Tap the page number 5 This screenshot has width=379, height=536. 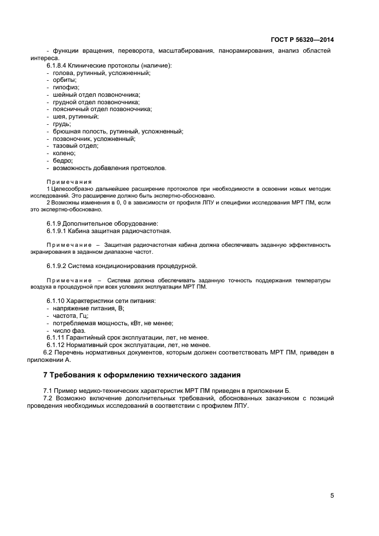click(332, 496)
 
